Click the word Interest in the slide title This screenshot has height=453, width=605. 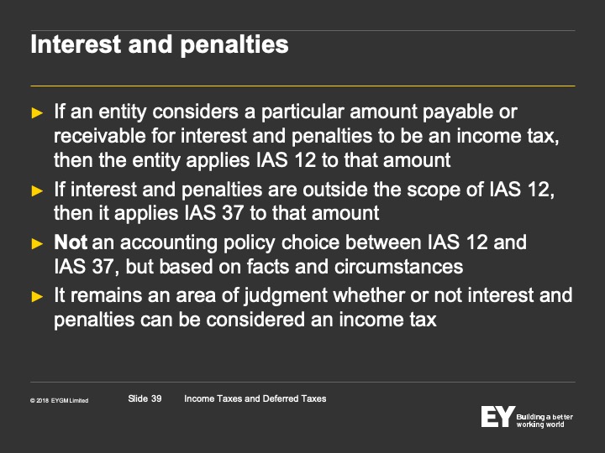(x=76, y=44)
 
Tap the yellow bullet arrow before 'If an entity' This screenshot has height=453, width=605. (x=37, y=113)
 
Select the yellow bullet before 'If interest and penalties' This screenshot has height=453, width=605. (x=37, y=190)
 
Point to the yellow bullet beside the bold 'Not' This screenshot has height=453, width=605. (x=37, y=243)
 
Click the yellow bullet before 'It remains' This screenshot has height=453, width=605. (x=37, y=296)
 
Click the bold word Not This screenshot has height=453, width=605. (x=71, y=242)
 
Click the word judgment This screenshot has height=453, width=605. (x=286, y=296)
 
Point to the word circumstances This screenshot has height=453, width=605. (x=398, y=267)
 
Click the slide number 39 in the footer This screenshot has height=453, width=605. (x=156, y=398)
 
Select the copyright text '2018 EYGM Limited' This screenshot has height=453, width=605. (x=62, y=401)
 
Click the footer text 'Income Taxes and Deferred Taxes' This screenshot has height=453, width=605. (x=255, y=398)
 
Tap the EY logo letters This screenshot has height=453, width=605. (x=498, y=416)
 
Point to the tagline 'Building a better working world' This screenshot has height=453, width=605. (x=544, y=420)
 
